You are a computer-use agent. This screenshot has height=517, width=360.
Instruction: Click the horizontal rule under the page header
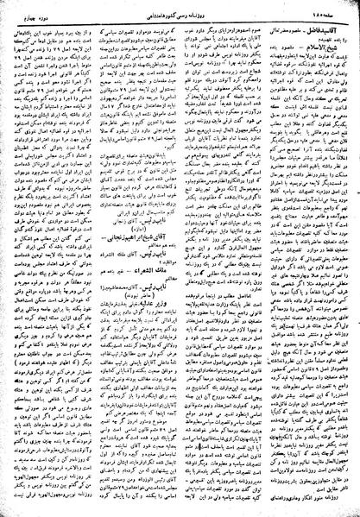(x=180, y=20)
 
